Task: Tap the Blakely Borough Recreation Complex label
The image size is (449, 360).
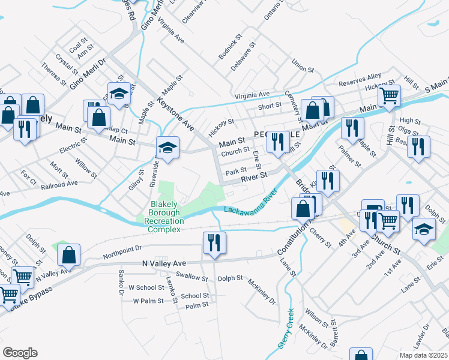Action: tap(164, 217)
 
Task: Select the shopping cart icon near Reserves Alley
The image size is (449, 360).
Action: tap(390, 95)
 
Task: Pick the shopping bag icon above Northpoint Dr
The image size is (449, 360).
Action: tap(70, 255)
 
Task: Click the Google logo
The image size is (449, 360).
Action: tap(20, 353)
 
